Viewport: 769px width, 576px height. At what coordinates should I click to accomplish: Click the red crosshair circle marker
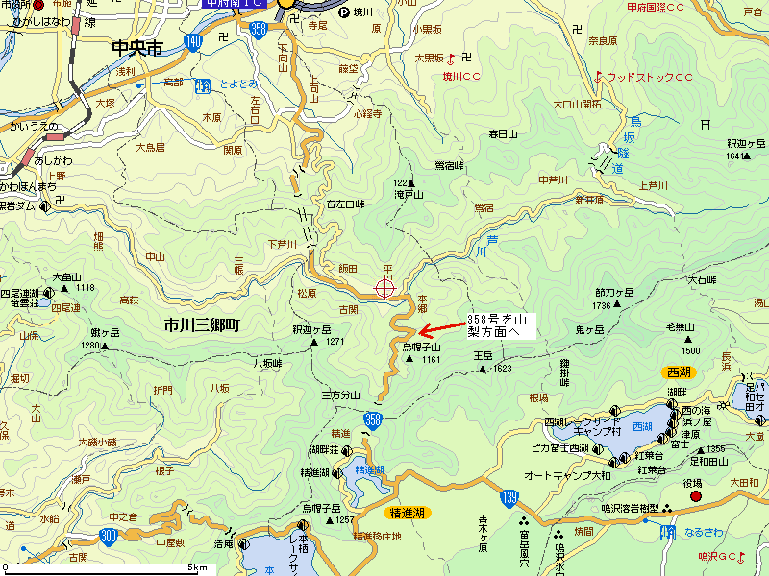(x=385, y=288)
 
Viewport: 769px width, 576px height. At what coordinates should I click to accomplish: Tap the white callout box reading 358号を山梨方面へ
(x=498, y=324)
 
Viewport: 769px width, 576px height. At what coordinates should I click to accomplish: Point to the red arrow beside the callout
(x=442, y=329)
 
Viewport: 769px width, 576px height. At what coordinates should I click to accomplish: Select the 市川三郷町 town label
(x=201, y=326)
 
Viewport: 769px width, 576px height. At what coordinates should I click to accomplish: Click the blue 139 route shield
(x=510, y=496)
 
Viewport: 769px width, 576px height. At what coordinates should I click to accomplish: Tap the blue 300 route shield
(x=108, y=535)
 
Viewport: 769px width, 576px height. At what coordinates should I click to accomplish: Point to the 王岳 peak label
(x=484, y=356)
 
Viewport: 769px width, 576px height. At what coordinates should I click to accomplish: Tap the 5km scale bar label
(x=198, y=568)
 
